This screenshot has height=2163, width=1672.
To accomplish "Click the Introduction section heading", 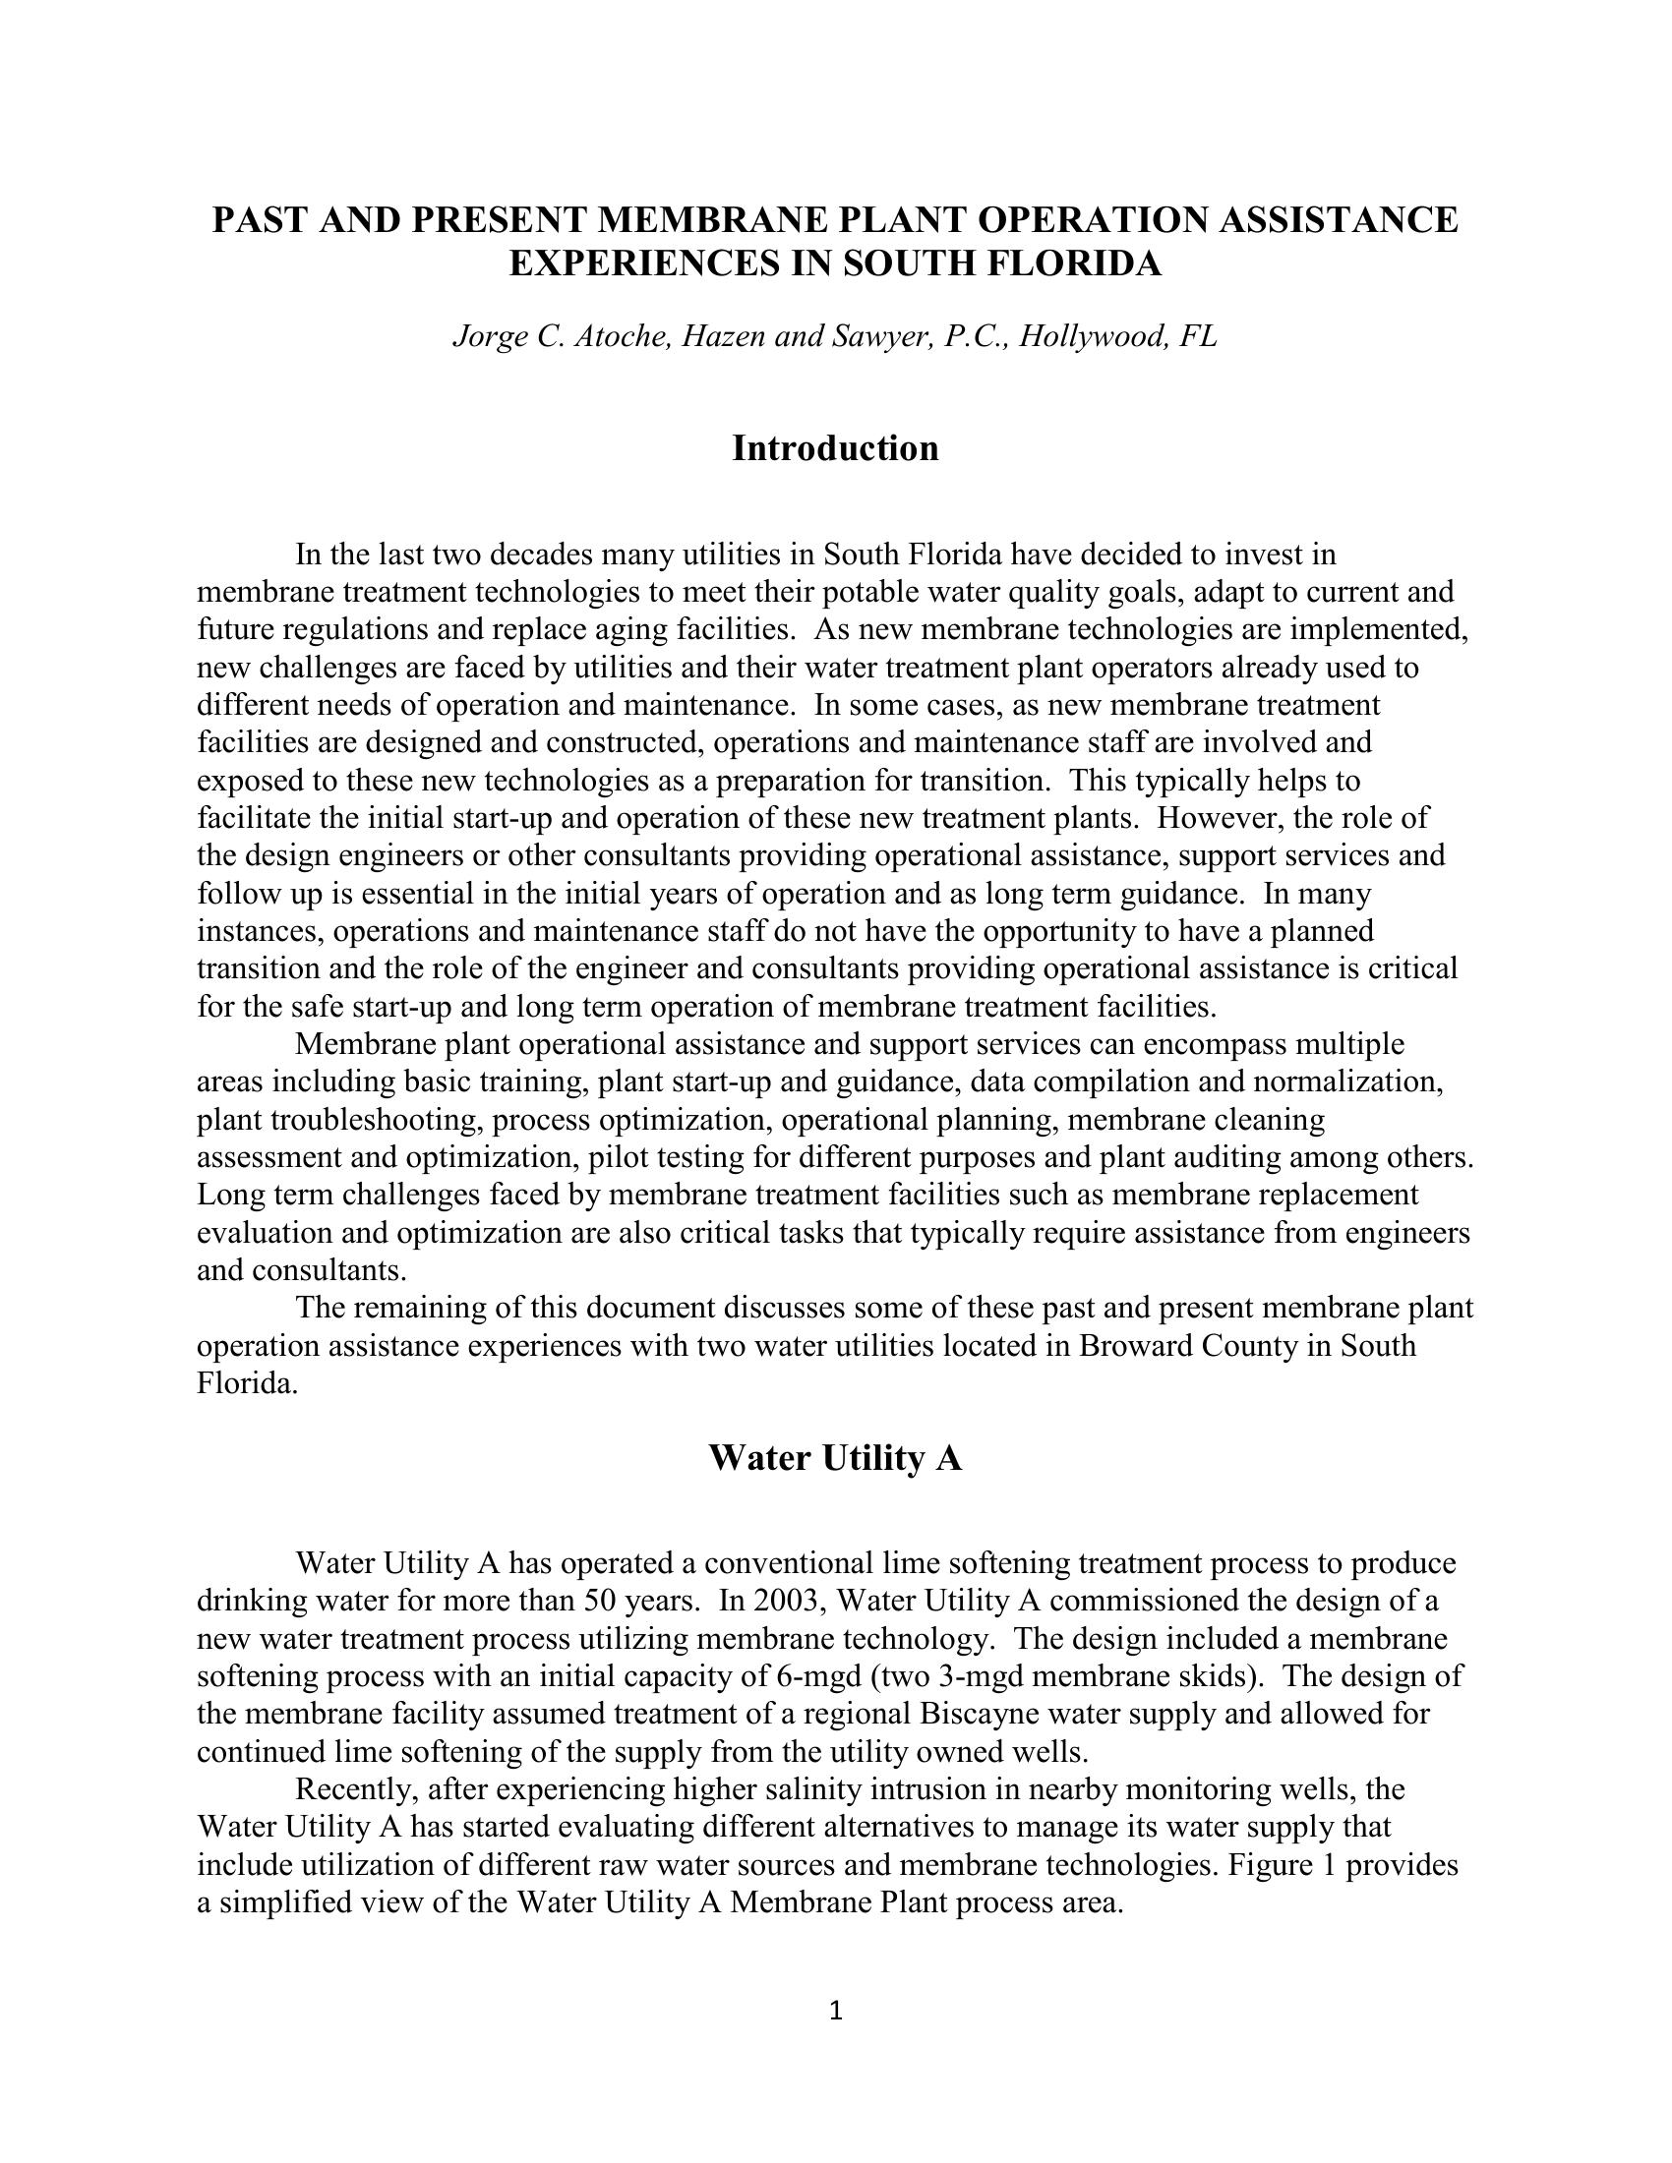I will point(835,448).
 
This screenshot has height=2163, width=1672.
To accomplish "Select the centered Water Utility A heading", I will point(835,1459).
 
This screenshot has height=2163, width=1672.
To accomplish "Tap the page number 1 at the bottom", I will point(835,2011).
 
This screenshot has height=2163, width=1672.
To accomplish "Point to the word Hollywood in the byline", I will point(1093,336).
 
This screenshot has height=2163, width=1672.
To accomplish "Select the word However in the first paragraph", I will point(1221,819).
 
